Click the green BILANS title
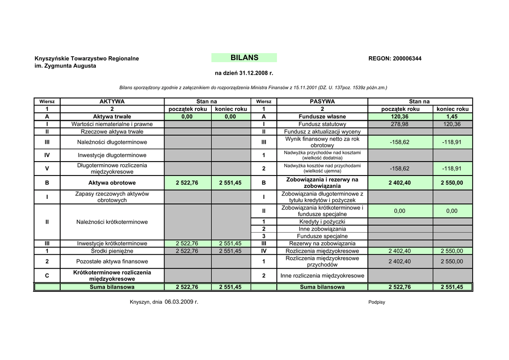244,58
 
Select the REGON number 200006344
407,59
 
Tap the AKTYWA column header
112,101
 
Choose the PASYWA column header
322,101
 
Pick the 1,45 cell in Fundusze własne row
452,116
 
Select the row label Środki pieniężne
112,251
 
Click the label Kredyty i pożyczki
322,221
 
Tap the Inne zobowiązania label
322,229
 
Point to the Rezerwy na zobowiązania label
322,244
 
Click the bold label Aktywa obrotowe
112,182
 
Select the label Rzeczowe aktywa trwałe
112,131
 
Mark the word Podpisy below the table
377,302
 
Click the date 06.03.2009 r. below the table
181,302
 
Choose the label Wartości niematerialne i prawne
112,124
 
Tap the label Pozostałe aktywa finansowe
112,261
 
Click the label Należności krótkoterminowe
112,222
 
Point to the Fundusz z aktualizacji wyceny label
322,131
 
